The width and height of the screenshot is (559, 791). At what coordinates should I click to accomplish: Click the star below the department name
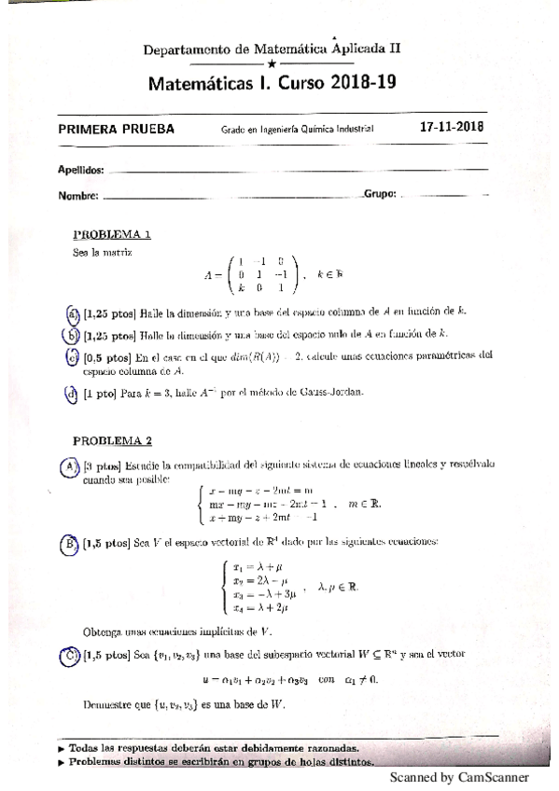click(272, 63)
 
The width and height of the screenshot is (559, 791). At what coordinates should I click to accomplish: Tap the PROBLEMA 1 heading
click(112, 235)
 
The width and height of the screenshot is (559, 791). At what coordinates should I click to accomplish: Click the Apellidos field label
click(80, 172)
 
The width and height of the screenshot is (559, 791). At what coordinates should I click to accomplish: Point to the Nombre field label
click(77, 196)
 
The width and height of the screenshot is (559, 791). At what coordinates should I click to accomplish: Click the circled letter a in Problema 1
click(72, 312)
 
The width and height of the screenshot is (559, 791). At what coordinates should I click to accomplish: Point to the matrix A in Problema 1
click(254, 275)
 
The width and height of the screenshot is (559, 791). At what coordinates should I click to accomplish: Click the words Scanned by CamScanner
click(459, 777)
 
